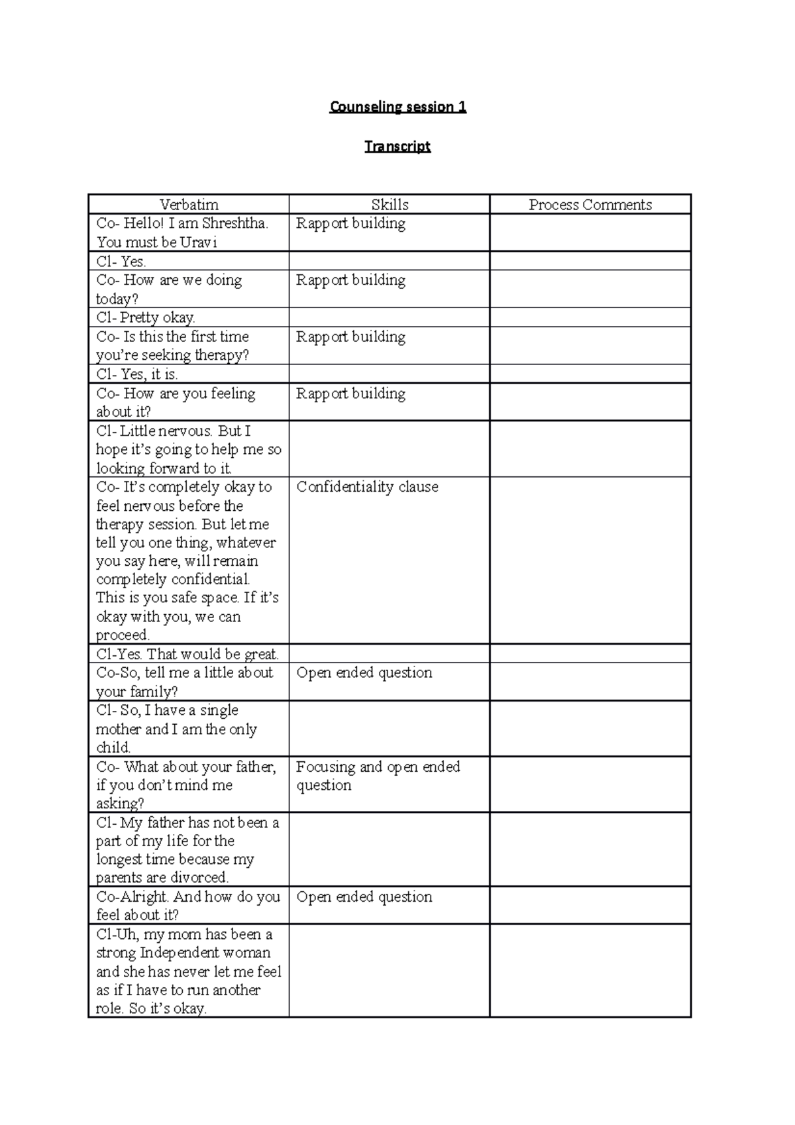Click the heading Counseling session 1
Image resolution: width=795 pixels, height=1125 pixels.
point(397,107)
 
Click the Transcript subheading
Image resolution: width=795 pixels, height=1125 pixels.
point(397,146)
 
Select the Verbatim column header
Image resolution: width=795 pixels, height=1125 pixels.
point(189,205)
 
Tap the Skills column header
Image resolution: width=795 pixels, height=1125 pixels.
point(390,205)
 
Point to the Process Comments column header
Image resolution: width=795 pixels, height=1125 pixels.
point(590,205)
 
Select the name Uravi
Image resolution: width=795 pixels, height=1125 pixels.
point(198,242)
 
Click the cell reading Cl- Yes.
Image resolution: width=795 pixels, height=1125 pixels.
point(121,261)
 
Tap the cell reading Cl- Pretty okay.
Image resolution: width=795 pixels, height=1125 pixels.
point(146,317)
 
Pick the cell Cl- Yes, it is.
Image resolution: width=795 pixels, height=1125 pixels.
point(137,374)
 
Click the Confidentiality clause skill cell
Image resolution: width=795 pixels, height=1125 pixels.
point(367,487)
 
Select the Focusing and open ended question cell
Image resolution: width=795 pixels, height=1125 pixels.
point(378,776)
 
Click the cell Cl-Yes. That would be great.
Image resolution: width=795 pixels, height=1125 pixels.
point(187,655)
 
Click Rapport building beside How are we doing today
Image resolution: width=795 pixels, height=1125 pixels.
point(350,280)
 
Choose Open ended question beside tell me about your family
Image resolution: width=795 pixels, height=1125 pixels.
point(364,672)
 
